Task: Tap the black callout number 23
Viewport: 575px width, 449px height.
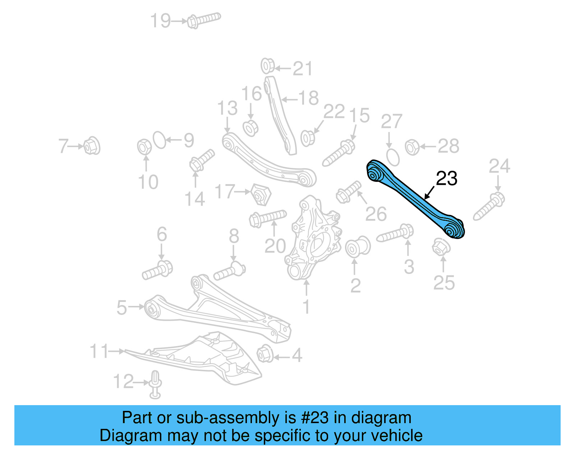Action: click(x=446, y=179)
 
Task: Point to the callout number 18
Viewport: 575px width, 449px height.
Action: click(x=308, y=98)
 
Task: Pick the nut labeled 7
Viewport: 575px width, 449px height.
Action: click(x=92, y=146)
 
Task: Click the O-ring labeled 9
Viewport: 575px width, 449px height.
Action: click(x=160, y=140)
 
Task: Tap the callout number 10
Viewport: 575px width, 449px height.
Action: click(x=148, y=182)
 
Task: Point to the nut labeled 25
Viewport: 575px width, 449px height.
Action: click(x=441, y=247)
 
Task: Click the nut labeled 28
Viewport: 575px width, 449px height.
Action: click(x=412, y=147)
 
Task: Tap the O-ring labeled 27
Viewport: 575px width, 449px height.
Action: click(x=393, y=157)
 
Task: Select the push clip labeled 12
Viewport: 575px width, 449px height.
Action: click(x=155, y=384)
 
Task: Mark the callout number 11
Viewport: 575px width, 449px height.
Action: click(x=99, y=351)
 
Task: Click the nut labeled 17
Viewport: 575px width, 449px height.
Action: click(x=261, y=194)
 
